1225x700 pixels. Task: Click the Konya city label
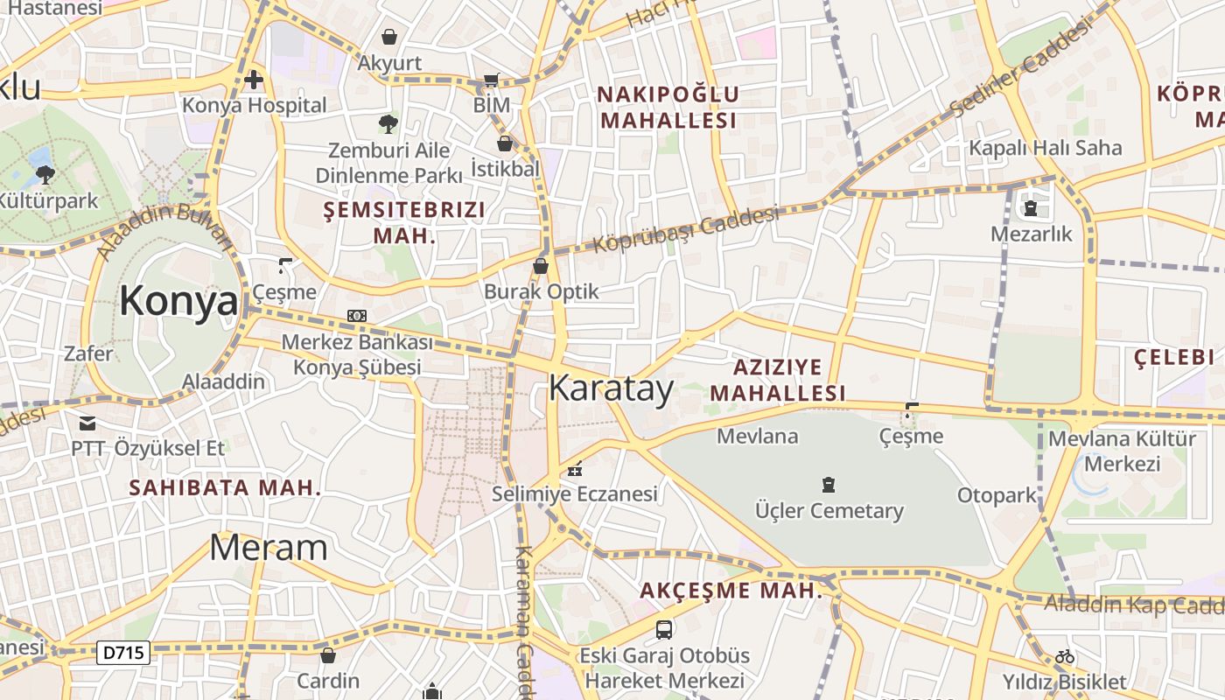tap(178, 301)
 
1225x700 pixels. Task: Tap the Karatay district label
tap(611, 389)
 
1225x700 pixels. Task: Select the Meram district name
tap(268, 548)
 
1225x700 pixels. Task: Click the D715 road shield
tap(123, 652)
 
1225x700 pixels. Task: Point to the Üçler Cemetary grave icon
tap(828, 484)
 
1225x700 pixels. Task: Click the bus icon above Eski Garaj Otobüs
tap(664, 629)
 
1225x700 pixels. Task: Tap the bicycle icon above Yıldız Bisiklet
tap(1064, 655)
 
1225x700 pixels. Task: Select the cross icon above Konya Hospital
tap(254, 80)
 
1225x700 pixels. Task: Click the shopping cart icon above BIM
tap(492, 80)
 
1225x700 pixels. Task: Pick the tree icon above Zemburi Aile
tap(388, 123)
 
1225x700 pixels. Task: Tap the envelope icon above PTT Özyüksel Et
tap(87, 423)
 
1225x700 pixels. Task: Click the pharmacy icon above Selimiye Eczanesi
tap(574, 469)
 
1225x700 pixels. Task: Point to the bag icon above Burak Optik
tap(541, 265)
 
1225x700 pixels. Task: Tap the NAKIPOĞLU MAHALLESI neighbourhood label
tap(669, 107)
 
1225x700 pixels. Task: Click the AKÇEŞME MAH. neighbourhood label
tap(731, 591)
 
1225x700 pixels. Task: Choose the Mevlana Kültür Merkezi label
tap(1122, 451)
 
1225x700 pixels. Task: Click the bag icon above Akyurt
tap(389, 37)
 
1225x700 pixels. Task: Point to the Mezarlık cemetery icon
tap(1031, 208)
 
